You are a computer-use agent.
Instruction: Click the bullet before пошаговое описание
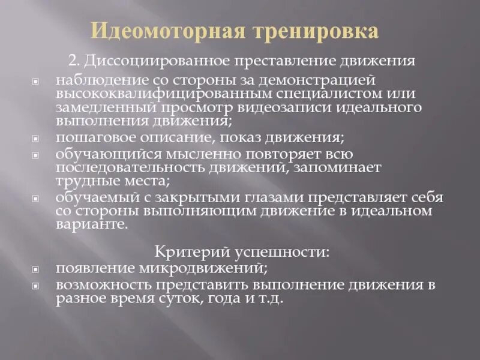pyautogui.click(x=35, y=139)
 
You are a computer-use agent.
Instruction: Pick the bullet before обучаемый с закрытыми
pyautogui.click(x=35, y=198)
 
